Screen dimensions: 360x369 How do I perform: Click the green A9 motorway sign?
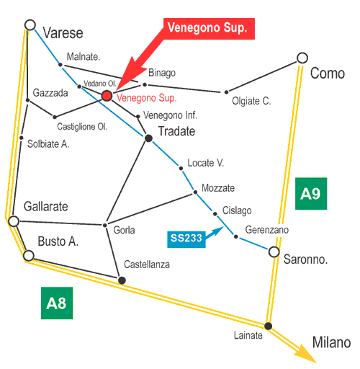(x=311, y=194)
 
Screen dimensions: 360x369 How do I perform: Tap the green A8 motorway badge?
(x=57, y=303)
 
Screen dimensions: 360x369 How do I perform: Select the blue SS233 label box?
(x=186, y=239)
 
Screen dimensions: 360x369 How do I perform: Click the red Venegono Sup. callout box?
(x=209, y=29)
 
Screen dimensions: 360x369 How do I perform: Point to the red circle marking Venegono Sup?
(x=107, y=96)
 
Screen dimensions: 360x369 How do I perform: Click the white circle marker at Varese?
(x=30, y=25)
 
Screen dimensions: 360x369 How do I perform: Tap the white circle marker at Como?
(x=302, y=58)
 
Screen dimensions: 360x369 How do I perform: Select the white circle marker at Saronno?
(x=274, y=252)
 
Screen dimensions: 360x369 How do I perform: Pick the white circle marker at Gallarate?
(x=14, y=221)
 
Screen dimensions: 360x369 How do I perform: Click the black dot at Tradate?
(x=148, y=138)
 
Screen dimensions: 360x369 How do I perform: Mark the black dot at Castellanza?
(x=122, y=280)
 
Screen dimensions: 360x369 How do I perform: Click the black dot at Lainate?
(x=268, y=326)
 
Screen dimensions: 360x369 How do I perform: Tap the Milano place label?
(x=331, y=342)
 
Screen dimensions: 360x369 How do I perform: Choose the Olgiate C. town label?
(x=251, y=101)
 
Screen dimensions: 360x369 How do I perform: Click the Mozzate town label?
(x=218, y=188)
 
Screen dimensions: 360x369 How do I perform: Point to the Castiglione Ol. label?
(x=82, y=127)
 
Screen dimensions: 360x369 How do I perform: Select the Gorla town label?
(x=124, y=230)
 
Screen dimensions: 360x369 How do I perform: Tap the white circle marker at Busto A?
(x=29, y=255)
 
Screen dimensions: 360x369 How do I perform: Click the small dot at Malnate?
(x=60, y=65)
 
